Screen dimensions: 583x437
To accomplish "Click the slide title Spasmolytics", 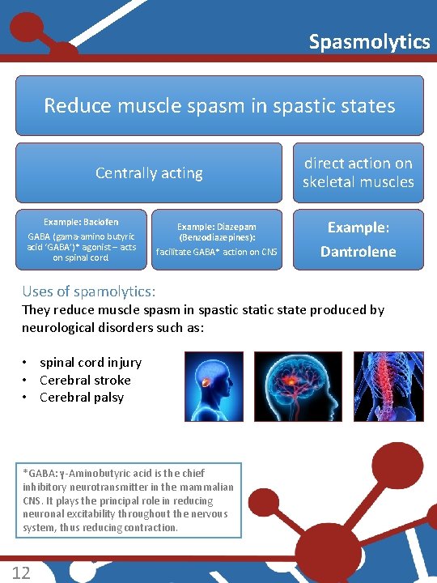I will (x=369, y=41).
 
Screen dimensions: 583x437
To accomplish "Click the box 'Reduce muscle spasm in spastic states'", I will (x=219, y=105).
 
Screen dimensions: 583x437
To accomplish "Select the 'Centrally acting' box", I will (x=149, y=172).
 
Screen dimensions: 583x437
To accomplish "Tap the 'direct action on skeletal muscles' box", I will (x=358, y=172).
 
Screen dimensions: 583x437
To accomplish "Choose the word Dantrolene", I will (x=358, y=251).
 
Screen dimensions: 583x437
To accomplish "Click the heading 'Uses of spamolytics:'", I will (x=89, y=291).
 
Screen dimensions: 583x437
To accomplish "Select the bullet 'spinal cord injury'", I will (x=90, y=363).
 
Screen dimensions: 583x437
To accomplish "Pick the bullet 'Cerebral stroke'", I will (x=85, y=380).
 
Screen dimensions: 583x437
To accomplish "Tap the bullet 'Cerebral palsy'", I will (x=82, y=397).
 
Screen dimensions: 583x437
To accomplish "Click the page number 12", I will (x=22, y=572).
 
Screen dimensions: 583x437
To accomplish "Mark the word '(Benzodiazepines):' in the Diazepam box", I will (x=217, y=238).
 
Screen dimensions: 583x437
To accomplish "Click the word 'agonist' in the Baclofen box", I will (x=88, y=247).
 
